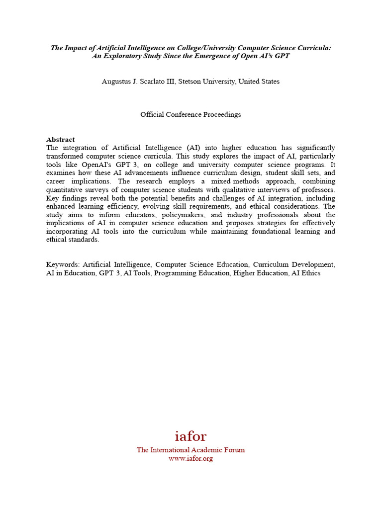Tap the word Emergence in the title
click(x=211, y=56)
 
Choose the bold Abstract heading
click(x=60, y=140)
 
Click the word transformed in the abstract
click(x=65, y=156)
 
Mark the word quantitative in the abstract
click(x=65, y=189)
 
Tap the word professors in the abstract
click(x=317, y=189)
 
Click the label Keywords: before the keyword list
click(x=63, y=265)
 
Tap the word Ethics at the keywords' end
click(x=310, y=273)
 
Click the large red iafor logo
click(x=191, y=436)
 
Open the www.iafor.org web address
click(x=191, y=458)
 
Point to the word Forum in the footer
click(x=233, y=450)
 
